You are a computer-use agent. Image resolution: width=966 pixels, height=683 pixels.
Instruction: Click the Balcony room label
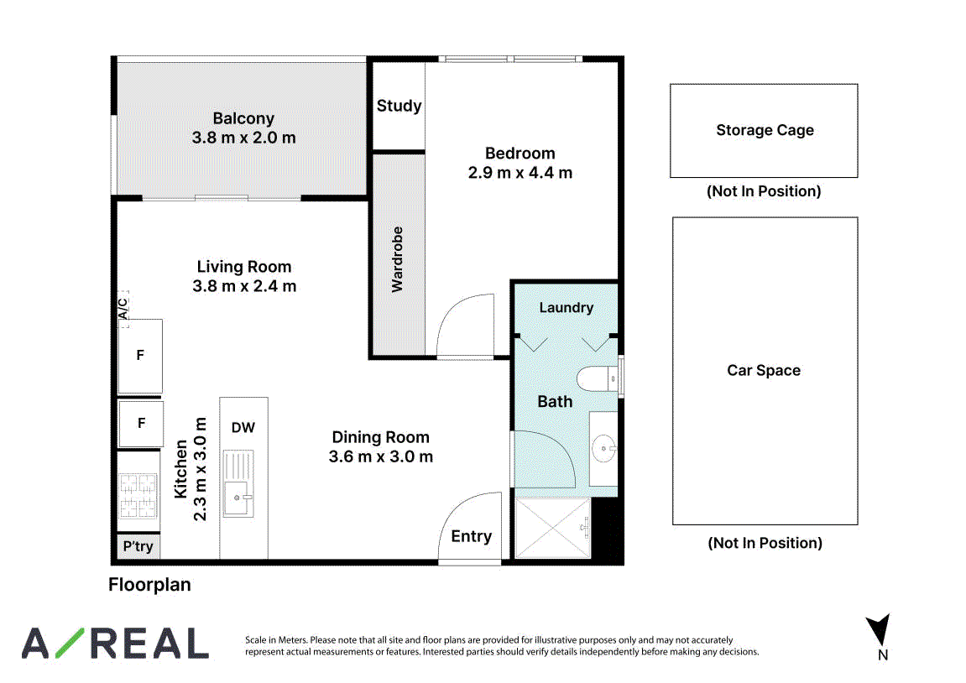[243, 118]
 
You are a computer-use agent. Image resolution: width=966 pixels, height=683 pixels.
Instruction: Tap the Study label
[399, 106]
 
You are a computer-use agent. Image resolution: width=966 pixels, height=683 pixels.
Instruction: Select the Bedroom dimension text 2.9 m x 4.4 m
[520, 173]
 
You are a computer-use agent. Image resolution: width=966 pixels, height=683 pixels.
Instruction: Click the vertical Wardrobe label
[397, 259]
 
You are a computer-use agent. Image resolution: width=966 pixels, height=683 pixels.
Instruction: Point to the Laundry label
[567, 307]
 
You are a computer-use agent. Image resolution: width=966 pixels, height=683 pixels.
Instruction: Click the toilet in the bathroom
[598, 378]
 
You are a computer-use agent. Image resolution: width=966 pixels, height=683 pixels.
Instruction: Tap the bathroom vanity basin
[603, 448]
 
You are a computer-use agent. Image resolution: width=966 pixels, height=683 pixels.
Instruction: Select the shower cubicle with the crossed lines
[553, 529]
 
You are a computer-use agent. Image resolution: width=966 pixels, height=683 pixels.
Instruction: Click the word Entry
[472, 536]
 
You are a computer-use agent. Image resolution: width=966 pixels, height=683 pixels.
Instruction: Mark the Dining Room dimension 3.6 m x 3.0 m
[381, 456]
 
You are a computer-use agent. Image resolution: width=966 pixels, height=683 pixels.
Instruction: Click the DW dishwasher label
[243, 427]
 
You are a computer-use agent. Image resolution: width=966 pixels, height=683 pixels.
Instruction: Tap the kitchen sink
[238, 497]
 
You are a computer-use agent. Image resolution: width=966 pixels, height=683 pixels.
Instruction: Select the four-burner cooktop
[138, 495]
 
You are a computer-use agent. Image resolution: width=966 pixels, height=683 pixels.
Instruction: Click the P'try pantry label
[138, 546]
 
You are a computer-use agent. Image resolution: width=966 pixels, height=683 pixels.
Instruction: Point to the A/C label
[123, 309]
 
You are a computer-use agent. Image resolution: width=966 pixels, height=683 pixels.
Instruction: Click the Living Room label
[244, 267]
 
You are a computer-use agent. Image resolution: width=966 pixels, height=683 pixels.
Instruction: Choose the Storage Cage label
[765, 130]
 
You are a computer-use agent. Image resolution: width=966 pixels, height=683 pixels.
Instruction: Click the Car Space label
[764, 370]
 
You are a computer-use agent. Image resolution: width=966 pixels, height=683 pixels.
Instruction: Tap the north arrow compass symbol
[880, 630]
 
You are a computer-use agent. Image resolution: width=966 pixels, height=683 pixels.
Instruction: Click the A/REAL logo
[115, 643]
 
